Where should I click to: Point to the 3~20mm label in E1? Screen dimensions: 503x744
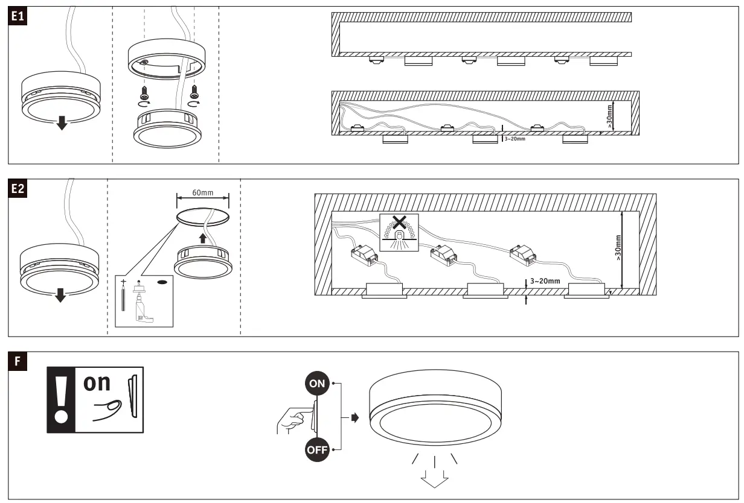[x=514, y=139]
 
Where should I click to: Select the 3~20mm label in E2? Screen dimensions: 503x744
[x=545, y=281]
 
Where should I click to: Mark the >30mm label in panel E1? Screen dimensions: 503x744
[x=609, y=115]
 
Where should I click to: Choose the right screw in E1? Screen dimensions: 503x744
[x=194, y=92]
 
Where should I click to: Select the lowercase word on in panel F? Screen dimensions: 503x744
[x=97, y=384]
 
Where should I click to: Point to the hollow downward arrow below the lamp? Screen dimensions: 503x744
[x=435, y=477]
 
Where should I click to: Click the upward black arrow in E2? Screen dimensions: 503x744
[x=203, y=239]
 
